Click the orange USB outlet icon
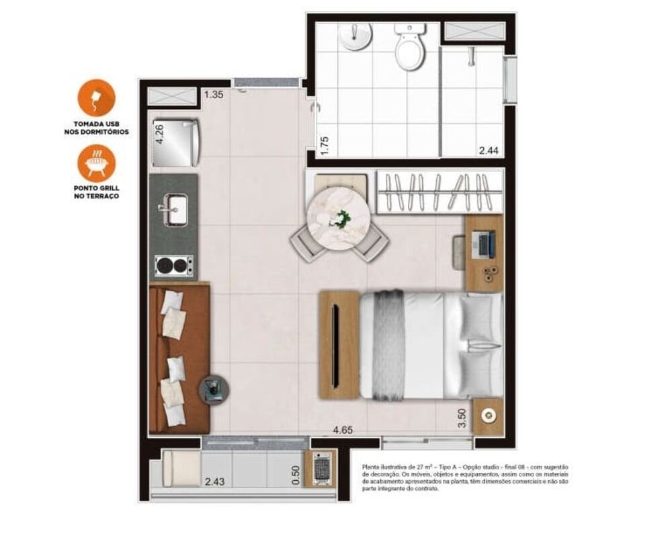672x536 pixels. [97, 98]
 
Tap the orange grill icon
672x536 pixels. [97, 163]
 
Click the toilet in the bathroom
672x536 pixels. [409, 47]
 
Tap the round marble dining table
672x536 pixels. [339, 219]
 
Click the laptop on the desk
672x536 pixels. [483, 243]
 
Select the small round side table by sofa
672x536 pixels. [214, 389]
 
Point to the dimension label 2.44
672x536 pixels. [489, 151]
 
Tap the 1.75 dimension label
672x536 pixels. [324, 147]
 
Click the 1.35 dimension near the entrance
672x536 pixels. [214, 95]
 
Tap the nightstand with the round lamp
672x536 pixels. [488, 416]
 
